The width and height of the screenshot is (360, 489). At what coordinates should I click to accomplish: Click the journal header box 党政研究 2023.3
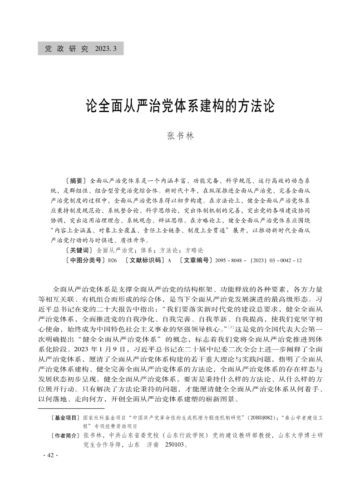click(80, 48)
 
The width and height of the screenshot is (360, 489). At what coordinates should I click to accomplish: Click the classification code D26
click(112, 260)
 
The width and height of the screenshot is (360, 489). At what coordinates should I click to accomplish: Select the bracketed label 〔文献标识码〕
click(144, 260)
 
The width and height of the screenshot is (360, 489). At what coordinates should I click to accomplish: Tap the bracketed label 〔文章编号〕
click(196, 260)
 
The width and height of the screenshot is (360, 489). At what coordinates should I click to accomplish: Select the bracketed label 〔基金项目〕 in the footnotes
click(66, 417)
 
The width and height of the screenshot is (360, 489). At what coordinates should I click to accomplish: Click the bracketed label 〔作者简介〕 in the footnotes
click(66, 436)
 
